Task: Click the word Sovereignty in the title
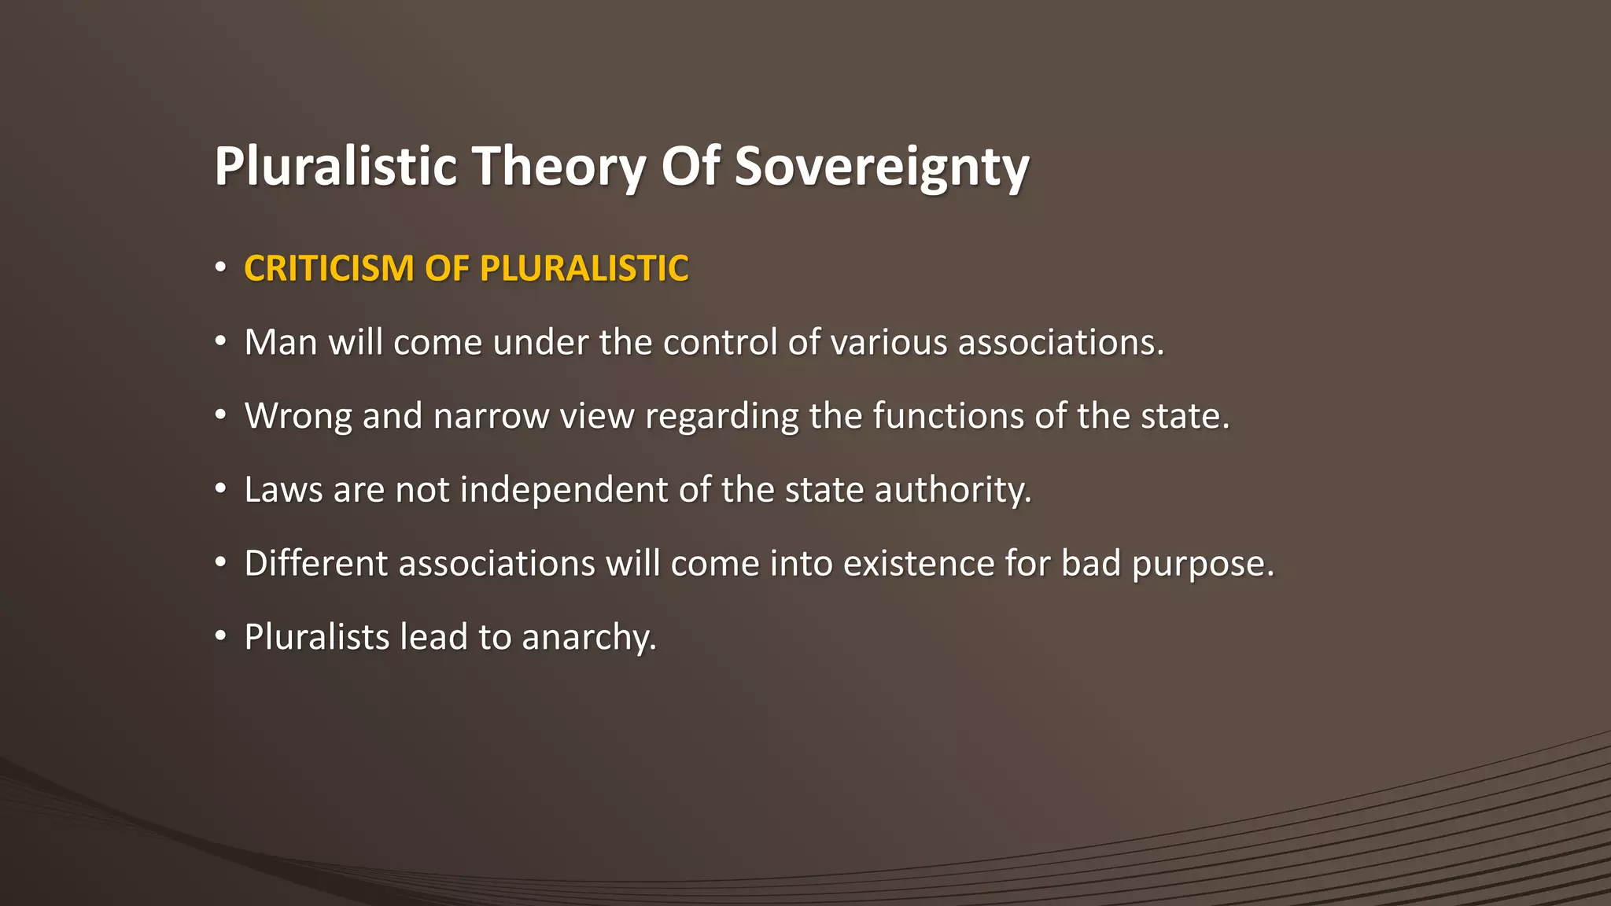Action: pyautogui.click(x=881, y=167)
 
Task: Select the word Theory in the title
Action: pyautogui.click(x=558, y=167)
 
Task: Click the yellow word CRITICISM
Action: pyautogui.click(x=329, y=268)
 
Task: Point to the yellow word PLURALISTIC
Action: pyautogui.click(x=584, y=268)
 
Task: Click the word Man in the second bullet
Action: pyautogui.click(x=280, y=342)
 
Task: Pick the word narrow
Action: pyautogui.click(x=491, y=416)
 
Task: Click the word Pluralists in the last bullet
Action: pyautogui.click(x=316, y=637)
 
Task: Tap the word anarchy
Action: pyautogui.click(x=588, y=637)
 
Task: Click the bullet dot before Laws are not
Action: pyautogui.click(x=221, y=489)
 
